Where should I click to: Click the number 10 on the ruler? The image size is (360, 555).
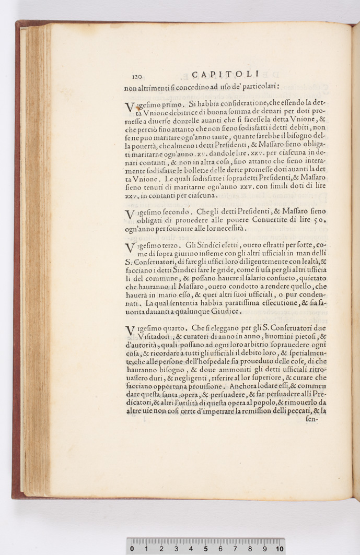[280, 549]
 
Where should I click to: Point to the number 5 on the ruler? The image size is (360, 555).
[205, 549]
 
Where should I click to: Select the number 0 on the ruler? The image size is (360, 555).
[132, 549]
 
